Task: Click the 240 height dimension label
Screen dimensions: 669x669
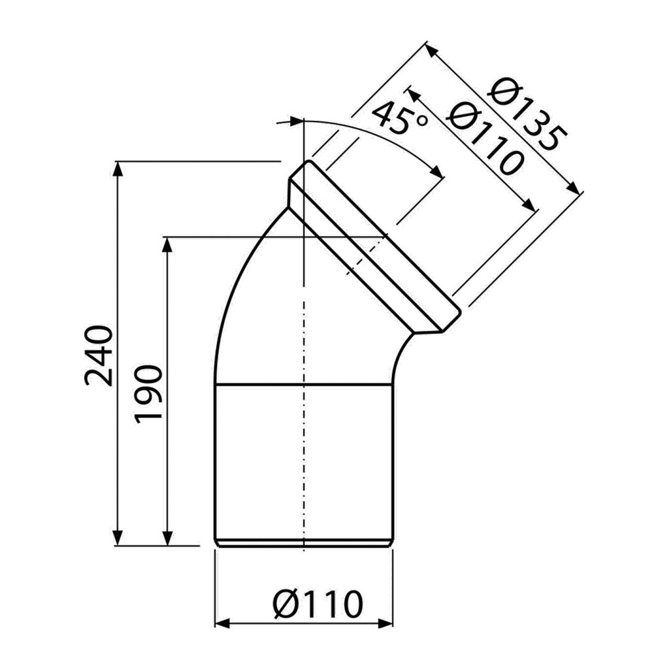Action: coord(99,356)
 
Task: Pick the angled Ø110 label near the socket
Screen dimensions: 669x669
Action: coord(485,138)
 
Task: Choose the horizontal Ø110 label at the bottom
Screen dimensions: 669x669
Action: coord(318,604)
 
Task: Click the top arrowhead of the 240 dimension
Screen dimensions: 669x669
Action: coord(118,169)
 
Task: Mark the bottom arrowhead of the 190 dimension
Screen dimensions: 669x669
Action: coord(168,538)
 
